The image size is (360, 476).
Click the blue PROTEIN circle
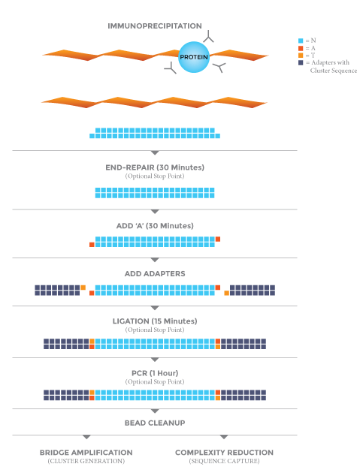[194, 57]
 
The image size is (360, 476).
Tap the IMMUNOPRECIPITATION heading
[155, 26]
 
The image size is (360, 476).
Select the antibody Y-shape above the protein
[208, 37]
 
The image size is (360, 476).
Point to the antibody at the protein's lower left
[171, 68]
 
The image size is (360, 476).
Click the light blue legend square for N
[301, 41]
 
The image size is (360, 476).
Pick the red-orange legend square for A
[301, 48]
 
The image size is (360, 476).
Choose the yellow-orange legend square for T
[301, 56]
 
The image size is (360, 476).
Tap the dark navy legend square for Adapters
[301, 62]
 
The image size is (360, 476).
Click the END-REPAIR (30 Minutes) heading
[155, 167]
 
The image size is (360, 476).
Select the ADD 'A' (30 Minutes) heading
[155, 226]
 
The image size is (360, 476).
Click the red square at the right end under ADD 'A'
[218, 240]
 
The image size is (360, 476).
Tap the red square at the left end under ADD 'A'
[92, 245]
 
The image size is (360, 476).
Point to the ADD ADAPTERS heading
[155, 274]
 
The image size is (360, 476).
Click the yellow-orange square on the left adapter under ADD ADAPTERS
[83, 288]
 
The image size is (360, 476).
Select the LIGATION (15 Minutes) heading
[155, 321]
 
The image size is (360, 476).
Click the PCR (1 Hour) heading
[155, 373]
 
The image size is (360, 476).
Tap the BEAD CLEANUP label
[155, 423]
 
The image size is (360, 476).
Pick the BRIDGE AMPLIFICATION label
[86, 453]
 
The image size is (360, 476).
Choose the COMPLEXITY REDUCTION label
[224, 453]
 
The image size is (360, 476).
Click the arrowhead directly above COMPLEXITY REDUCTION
[224, 437]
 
